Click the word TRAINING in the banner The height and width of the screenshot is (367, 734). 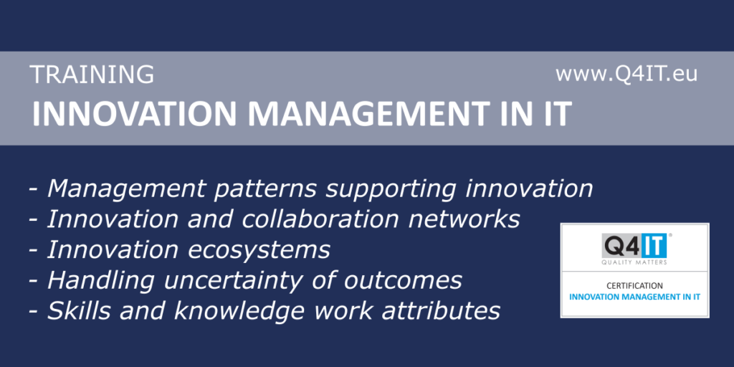pos(92,75)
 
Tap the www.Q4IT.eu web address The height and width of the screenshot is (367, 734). pos(626,74)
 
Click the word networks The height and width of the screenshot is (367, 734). pos(464,219)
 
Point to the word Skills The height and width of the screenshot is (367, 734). pos(80,311)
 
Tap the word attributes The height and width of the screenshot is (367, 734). pos(441,311)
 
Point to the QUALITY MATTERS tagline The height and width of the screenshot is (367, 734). pos(634,262)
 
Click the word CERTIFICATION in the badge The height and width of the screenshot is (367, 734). pos(634,285)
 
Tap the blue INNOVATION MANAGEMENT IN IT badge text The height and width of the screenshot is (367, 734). pos(634,296)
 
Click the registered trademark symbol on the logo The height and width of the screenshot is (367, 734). pos(670,235)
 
